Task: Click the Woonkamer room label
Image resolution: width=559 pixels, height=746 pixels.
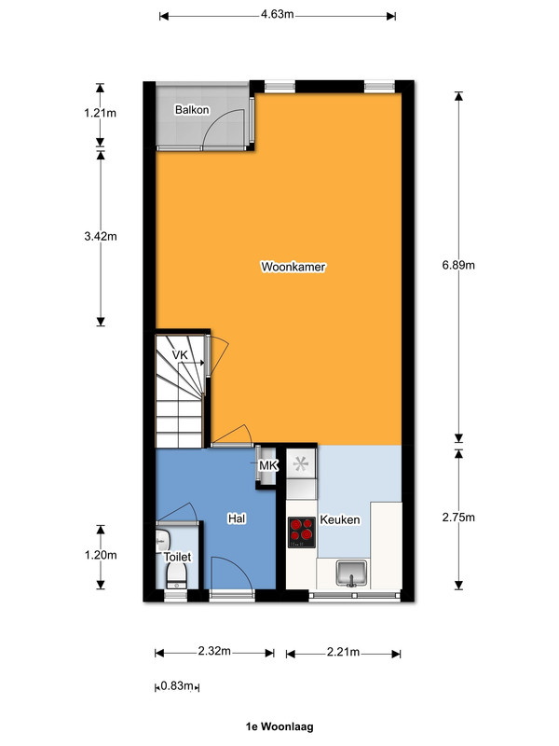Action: tap(293, 267)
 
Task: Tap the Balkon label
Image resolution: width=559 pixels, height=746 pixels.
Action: tap(192, 110)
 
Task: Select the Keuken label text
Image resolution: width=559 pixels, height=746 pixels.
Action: tap(340, 519)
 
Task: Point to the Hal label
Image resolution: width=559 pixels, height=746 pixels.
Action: tap(237, 518)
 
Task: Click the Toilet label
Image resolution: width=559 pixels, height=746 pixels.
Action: tap(177, 557)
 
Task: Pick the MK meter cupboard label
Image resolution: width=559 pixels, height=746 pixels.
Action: tap(268, 465)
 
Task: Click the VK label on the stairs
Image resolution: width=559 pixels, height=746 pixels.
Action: tap(180, 355)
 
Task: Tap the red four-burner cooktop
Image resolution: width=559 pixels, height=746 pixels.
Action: tap(301, 532)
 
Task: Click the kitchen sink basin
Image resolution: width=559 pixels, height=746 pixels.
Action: tap(351, 573)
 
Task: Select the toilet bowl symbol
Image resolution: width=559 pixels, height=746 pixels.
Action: tap(176, 577)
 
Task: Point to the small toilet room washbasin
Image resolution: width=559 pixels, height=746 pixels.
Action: tap(162, 541)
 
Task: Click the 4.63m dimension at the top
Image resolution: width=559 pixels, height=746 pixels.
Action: tap(277, 14)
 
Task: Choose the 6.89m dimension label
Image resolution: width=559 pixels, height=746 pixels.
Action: tap(458, 265)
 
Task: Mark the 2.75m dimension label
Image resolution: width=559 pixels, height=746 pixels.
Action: tap(458, 518)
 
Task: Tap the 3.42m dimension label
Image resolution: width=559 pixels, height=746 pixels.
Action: tap(101, 236)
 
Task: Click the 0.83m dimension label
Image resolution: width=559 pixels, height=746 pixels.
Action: tap(176, 686)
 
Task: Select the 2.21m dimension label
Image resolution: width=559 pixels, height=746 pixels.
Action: tap(343, 652)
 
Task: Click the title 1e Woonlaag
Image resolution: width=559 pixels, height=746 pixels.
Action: tap(279, 726)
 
